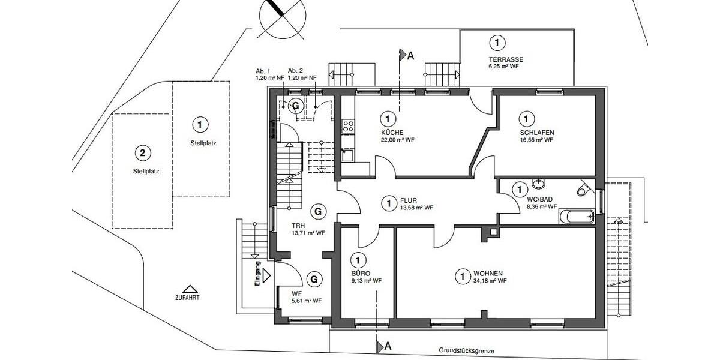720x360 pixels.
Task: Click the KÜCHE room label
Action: click(x=392, y=132)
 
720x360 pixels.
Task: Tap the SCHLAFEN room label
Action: click(x=536, y=132)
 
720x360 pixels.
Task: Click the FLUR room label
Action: click(x=409, y=200)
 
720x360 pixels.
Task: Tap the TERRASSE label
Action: click(x=505, y=59)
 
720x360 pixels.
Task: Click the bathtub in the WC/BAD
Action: click(x=576, y=216)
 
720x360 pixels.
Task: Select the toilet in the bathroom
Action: click(x=582, y=190)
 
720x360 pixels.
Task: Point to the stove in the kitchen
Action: click(x=347, y=126)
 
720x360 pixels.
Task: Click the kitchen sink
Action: click(x=347, y=155)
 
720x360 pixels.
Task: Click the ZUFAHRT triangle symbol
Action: click(x=190, y=289)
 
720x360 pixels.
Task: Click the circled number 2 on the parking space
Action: click(x=142, y=152)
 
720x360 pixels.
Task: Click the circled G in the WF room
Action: click(x=313, y=279)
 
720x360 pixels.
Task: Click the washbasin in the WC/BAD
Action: click(x=538, y=184)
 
